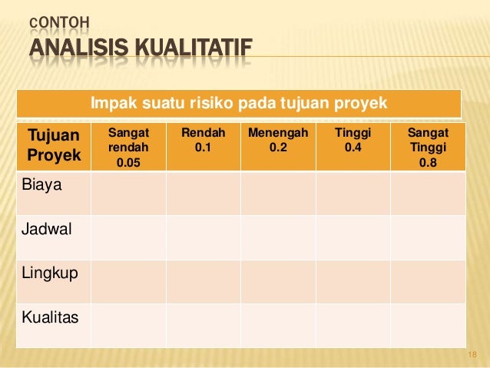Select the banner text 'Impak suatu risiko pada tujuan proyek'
[239, 103]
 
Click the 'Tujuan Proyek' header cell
[53, 146]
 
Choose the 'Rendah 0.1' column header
[203, 140]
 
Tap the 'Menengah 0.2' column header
[278, 140]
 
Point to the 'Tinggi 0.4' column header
[353, 140]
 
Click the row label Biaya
[46, 185]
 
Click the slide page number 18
[472, 354]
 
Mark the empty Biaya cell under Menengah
[278, 193]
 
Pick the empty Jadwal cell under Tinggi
[353, 237]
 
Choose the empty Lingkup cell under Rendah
[203, 281]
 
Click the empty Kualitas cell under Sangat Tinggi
[428, 326]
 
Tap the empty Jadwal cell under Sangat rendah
[127, 237]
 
